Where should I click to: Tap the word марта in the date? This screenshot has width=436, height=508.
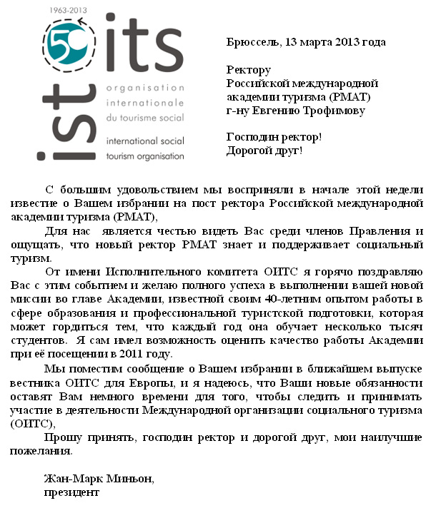point(319,42)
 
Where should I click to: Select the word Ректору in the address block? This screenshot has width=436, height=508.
point(248,70)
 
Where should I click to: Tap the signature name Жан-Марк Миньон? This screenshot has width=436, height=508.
point(99,478)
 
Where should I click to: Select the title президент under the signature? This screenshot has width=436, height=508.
point(71,492)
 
